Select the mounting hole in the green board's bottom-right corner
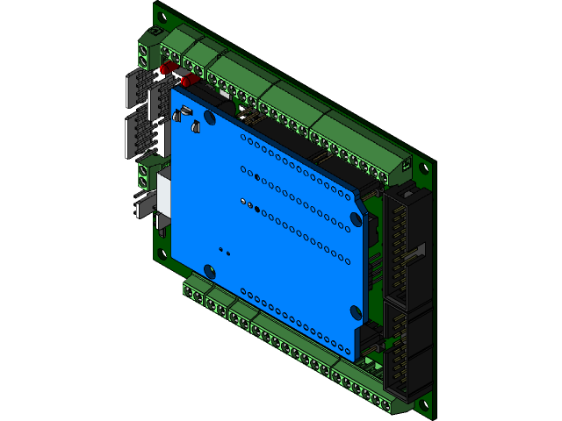[x=423, y=405]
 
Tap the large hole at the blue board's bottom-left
[x=209, y=271]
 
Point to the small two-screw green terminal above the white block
[x=150, y=169]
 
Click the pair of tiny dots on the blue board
[x=224, y=251]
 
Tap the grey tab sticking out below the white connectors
[x=142, y=205]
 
